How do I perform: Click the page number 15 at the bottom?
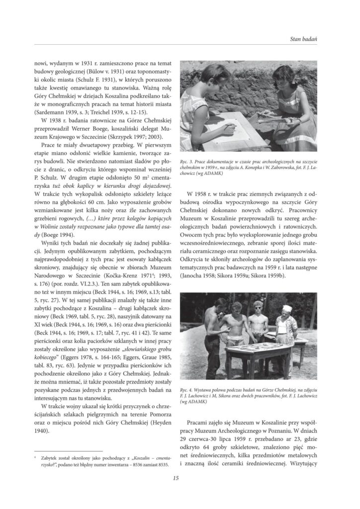pos(176,478)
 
